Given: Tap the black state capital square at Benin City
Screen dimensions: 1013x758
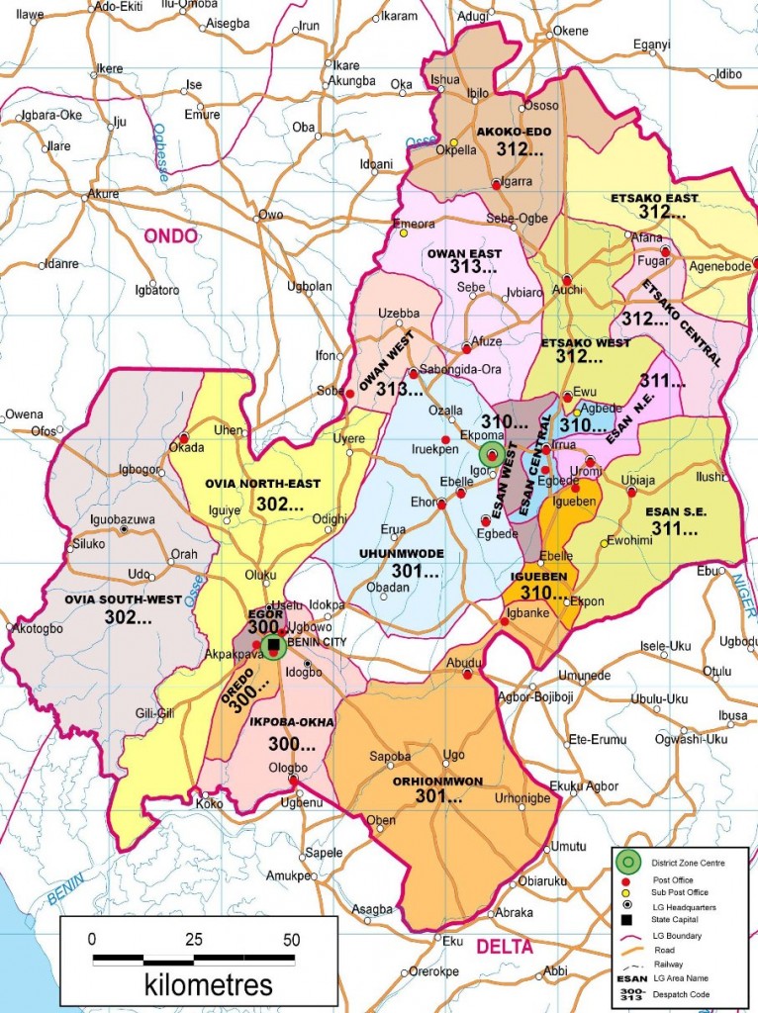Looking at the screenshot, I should (274, 646).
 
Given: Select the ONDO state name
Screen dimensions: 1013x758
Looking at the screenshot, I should (171, 235).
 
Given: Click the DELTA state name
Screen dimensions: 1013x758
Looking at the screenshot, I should (505, 947).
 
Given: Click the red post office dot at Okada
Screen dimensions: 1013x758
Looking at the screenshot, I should (184, 438).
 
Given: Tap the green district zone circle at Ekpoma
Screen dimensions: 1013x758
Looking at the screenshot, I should (492, 454).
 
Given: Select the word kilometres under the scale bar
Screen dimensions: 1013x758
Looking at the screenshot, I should (209, 984).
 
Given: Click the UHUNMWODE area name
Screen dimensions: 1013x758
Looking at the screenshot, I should (401, 553).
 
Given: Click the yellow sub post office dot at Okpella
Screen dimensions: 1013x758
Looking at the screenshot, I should (454, 141).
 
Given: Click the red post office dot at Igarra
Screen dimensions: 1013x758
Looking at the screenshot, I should (496, 183).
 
